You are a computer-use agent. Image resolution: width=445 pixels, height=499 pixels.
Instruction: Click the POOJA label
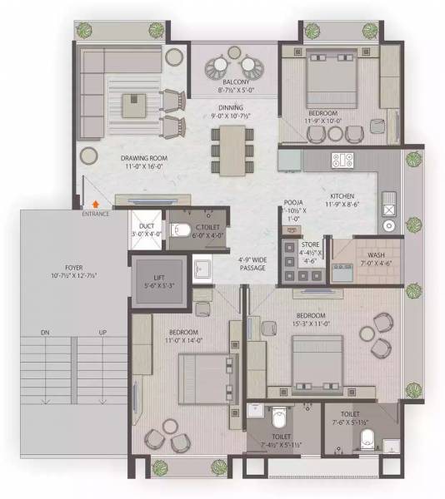pos(292,202)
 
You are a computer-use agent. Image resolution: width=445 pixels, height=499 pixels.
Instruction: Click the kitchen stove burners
pos(342,158)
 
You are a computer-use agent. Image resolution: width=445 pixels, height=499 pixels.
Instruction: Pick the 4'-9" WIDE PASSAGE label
pos(252,263)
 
